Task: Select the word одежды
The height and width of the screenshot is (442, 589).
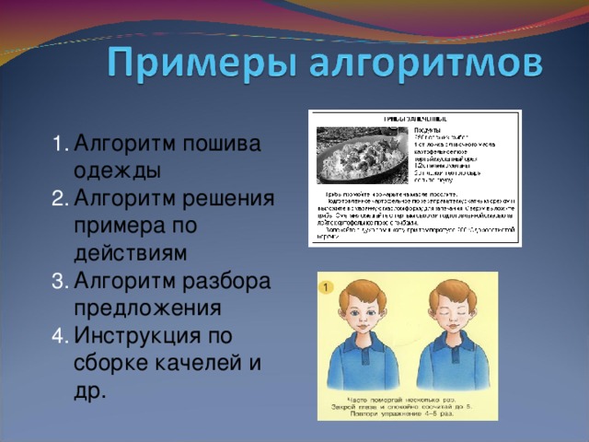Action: click(117, 171)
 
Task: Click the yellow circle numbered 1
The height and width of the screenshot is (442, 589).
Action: click(327, 289)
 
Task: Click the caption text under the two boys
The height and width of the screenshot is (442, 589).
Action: click(408, 404)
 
